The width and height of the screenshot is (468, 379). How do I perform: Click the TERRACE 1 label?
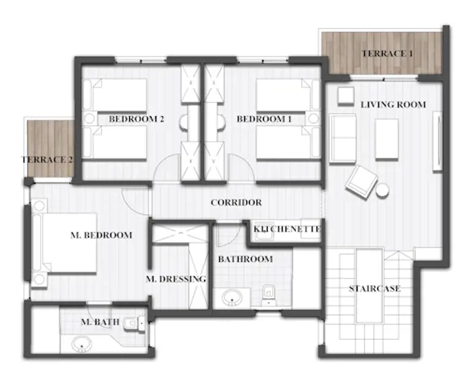tap(387, 54)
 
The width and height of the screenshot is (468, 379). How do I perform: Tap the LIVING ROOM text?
tap(393, 105)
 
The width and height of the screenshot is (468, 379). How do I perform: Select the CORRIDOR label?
tap(236, 203)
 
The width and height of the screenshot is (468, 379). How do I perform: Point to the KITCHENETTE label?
tap(287, 229)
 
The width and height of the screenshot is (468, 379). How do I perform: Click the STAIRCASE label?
tap(375, 289)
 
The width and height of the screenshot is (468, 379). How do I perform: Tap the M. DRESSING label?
tap(176, 279)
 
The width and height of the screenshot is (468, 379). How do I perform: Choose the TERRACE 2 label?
tap(47, 160)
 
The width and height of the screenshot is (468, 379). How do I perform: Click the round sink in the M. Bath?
tap(81, 344)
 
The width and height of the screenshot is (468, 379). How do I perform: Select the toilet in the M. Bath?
tap(134, 323)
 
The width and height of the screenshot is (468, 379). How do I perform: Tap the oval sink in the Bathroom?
tap(232, 298)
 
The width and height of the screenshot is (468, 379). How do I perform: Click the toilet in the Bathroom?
tap(268, 295)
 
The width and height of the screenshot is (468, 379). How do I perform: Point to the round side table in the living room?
tap(382, 190)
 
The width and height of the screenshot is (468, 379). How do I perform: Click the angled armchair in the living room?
tap(361, 182)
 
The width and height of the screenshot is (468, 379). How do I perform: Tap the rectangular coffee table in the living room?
tap(387, 139)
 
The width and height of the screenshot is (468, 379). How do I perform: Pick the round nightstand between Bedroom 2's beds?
tap(89, 119)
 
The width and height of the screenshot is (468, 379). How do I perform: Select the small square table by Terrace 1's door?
tap(346, 96)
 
